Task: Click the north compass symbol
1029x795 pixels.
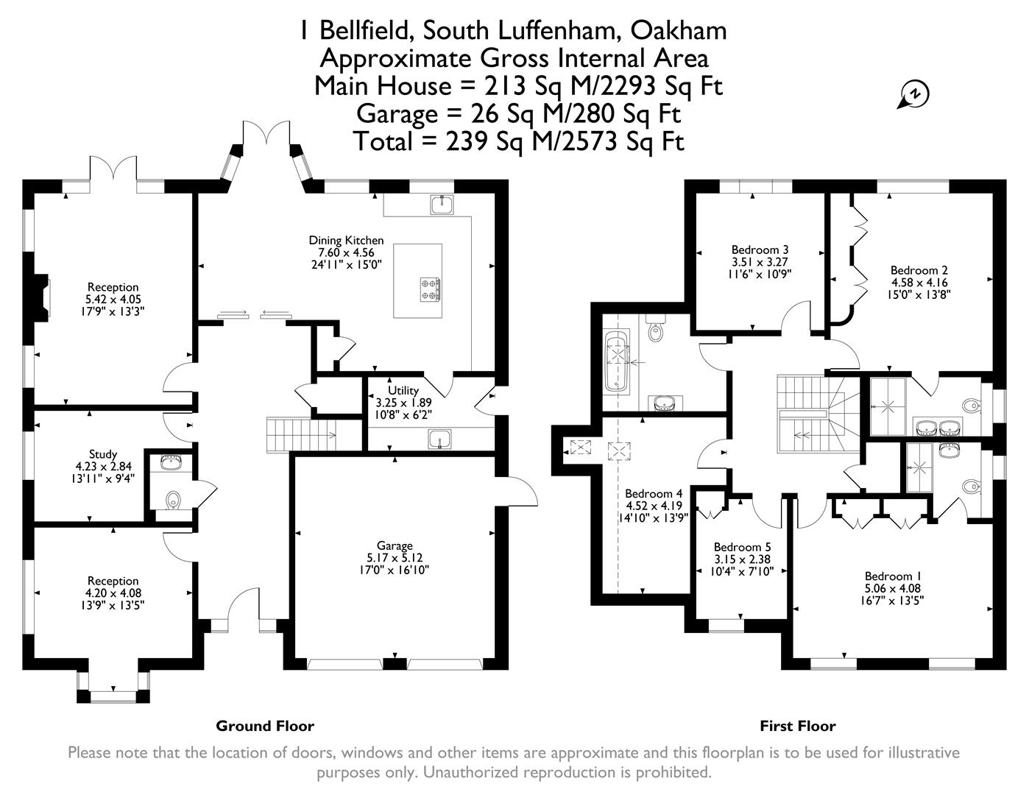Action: point(915,95)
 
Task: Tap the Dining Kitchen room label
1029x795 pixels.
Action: point(346,241)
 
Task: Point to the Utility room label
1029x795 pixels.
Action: point(403,391)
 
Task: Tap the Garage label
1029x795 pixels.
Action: point(395,546)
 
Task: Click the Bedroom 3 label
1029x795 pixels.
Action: point(760,250)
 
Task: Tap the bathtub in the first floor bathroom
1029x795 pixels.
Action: point(615,362)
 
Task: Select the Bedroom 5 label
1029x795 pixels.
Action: point(743,548)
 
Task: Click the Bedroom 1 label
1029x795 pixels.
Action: point(893,576)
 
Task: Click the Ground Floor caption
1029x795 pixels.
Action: point(265,727)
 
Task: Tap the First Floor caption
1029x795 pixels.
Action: point(798,727)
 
